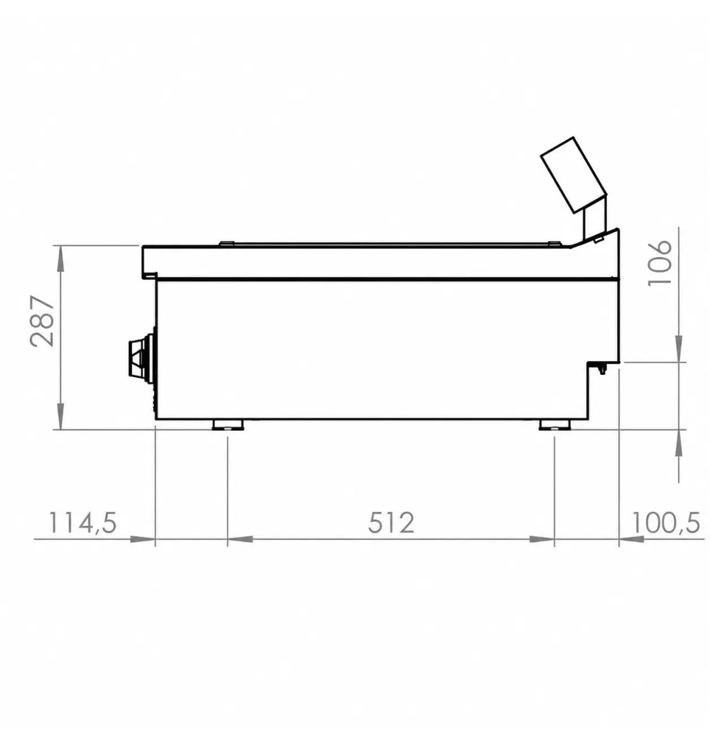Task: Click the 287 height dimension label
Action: point(42,321)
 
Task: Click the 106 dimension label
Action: point(660,263)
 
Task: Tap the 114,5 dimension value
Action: point(82,523)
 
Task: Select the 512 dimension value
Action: point(391,523)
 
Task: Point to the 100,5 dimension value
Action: point(666,523)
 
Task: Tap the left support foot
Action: point(228,425)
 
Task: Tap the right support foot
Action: point(555,425)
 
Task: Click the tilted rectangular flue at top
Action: point(574,175)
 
